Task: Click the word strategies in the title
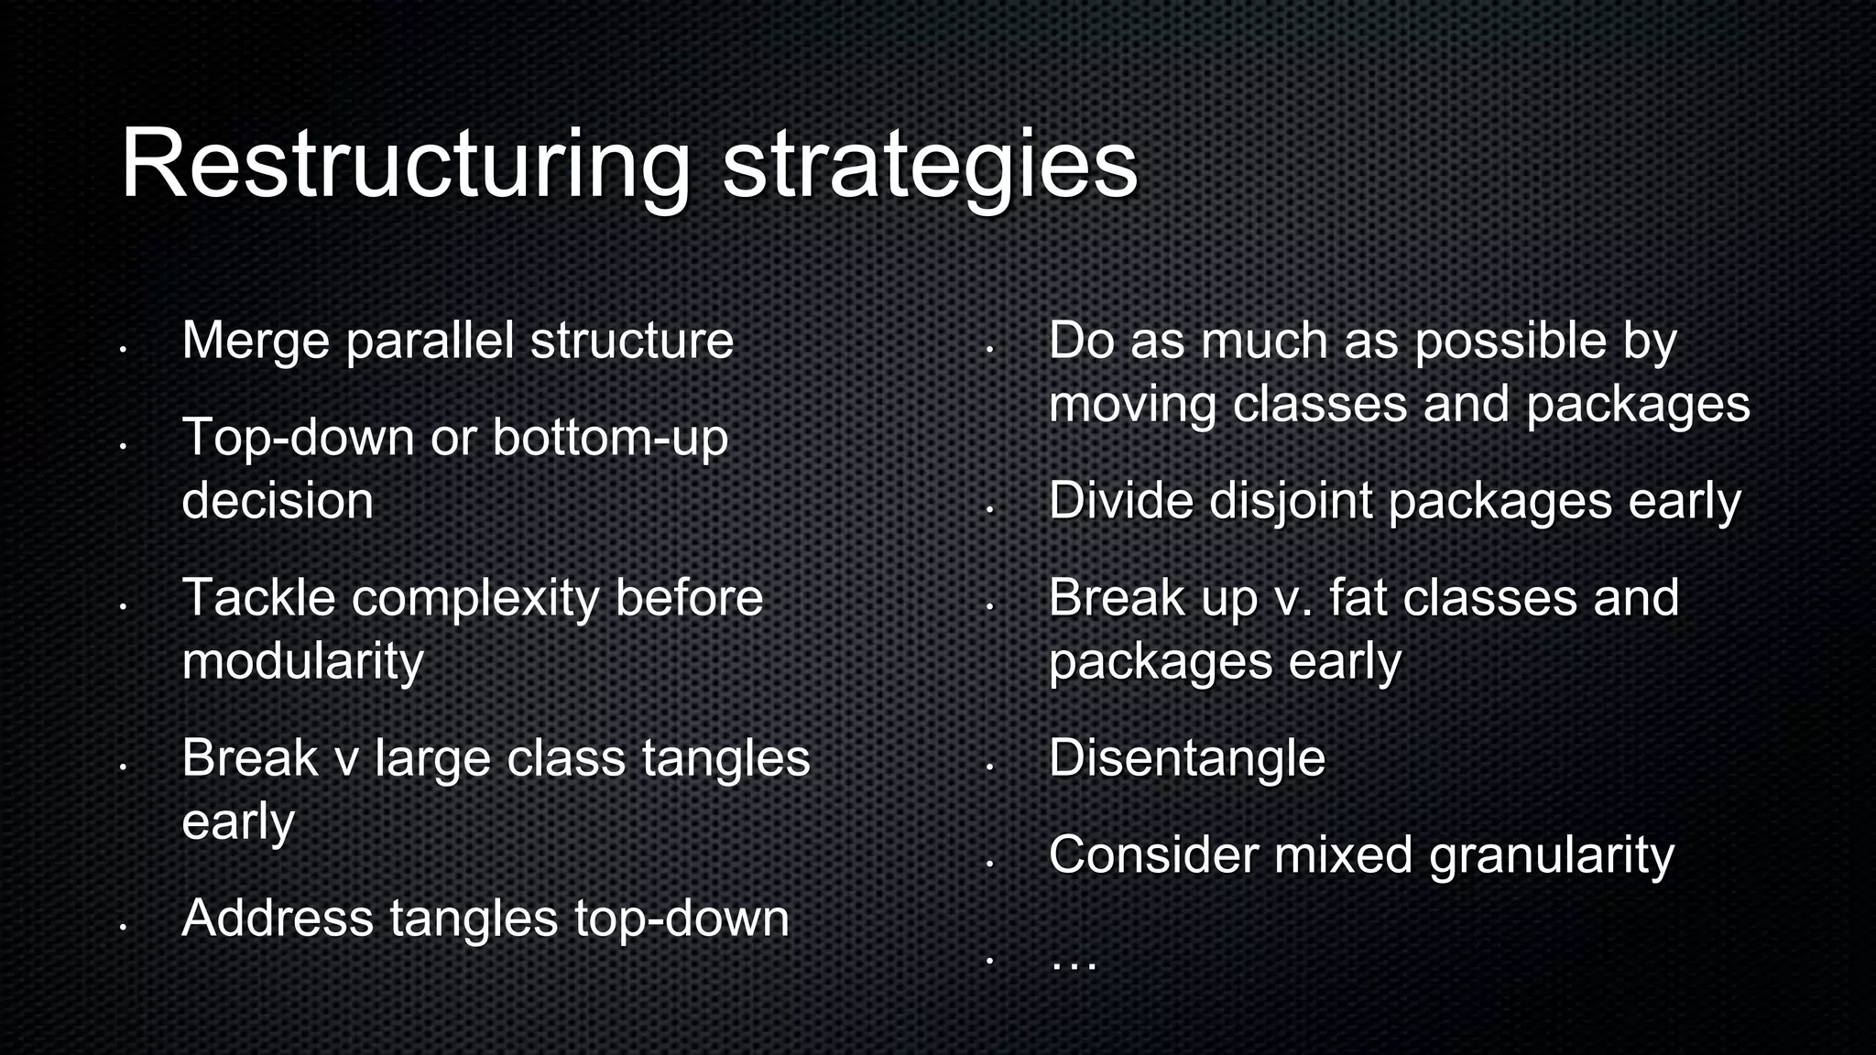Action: [x=929, y=165]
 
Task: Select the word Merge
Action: [x=256, y=342]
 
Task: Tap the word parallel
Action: [x=430, y=342]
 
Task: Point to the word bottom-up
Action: [x=610, y=438]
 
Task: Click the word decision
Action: [x=278, y=501]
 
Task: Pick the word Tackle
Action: [x=258, y=598]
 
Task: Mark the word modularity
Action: [x=302, y=662]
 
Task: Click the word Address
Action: [x=278, y=919]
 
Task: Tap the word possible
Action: [x=1511, y=342]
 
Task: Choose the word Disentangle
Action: [x=1186, y=759]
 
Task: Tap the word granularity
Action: [x=1551, y=856]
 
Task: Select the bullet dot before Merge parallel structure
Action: [x=122, y=349]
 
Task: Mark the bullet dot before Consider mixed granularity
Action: [x=989, y=863]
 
